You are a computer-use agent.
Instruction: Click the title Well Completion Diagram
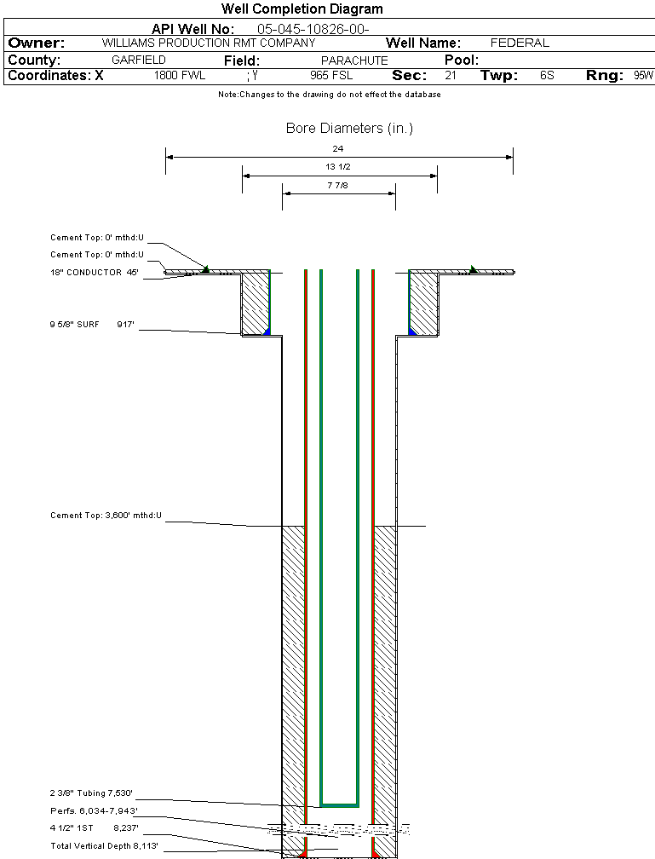coord(302,9)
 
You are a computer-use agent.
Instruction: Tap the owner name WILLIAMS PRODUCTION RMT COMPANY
coord(208,43)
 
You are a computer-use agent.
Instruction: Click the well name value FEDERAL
coord(520,43)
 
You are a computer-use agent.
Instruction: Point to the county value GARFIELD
coord(139,61)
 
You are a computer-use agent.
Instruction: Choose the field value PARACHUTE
coord(354,61)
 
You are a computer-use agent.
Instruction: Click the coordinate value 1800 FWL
coord(180,76)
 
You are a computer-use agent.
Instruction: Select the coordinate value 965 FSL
coord(331,76)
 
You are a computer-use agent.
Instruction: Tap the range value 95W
coord(643,76)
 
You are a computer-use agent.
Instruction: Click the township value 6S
coord(547,76)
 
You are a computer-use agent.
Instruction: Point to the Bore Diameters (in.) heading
coord(349,129)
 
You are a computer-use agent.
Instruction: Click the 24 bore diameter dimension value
coord(338,149)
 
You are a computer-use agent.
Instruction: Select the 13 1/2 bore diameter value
coord(338,167)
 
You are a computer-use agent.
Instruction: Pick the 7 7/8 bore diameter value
coord(338,185)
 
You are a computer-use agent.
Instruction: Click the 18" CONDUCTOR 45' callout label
coord(95,273)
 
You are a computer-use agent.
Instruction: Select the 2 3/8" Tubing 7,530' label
coord(92,793)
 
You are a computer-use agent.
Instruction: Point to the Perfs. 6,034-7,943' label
coord(94,810)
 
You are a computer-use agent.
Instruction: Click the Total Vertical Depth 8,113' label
coord(104,845)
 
